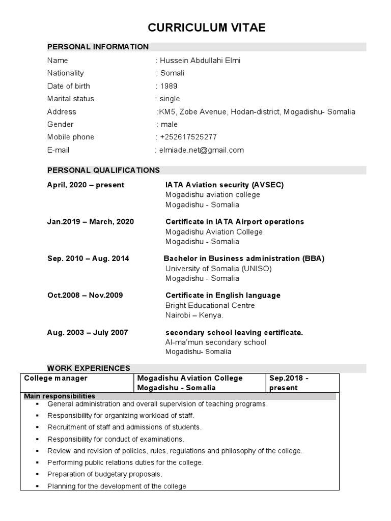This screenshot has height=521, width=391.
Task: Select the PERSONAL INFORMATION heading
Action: pyautogui.click(x=98, y=47)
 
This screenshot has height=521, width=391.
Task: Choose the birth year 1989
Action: pyautogui.click(x=169, y=86)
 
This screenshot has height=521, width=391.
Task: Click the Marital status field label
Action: pyautogui.click(x=71, y=99)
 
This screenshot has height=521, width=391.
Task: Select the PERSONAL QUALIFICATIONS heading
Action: pyautogui.click(x=103, y=170)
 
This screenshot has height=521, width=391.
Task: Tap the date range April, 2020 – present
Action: pyautogui.click(x=86, y=185)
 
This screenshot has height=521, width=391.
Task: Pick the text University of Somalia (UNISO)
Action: pyautogui.click(x=218, y=268)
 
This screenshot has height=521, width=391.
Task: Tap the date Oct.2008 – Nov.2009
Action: pyautogui.click(x=85, y=295)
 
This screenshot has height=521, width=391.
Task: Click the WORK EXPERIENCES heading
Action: pyautogui.click(x=89, y=368)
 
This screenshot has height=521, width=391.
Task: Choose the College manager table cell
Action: pyautogui.click(x=56, y=378)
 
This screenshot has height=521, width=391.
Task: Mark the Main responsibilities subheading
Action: pyautogui.click(x=60, y=396)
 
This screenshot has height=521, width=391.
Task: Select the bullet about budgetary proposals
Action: pyautogui.click(x=105, y=474)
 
